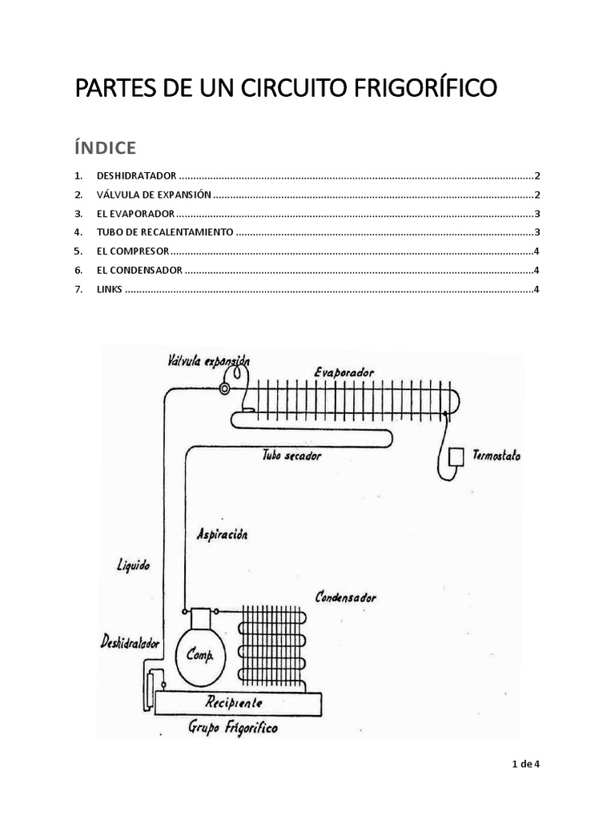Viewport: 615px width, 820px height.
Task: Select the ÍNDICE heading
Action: (105, 147)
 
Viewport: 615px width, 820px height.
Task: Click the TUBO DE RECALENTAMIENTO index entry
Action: (165, 232)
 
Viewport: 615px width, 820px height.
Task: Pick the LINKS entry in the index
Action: (109, 290)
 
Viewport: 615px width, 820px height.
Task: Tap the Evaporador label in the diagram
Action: (344, 372)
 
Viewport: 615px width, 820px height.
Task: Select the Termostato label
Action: (496, 456)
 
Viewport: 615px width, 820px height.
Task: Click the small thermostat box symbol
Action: (458, 456)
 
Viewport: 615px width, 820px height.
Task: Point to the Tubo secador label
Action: (291, 456)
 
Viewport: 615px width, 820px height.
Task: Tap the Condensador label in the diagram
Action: (346, 597)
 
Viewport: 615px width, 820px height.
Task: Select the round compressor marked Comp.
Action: (200, 654)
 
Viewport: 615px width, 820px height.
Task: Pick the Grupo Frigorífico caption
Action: (234, 728)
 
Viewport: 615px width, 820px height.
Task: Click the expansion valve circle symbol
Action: (224, 389)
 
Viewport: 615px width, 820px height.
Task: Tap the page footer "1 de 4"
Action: (526, 764)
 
